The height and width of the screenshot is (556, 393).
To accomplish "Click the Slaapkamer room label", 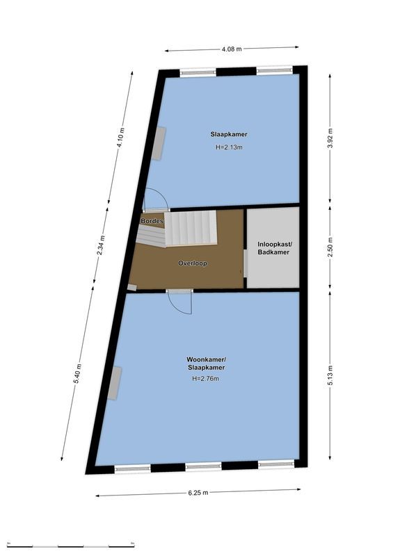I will tap(229, 134).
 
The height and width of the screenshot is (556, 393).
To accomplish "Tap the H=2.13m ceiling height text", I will tap(229, 147).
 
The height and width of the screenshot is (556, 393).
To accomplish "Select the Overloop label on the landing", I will tap(193, 263).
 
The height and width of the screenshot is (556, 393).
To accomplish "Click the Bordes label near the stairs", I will tap(152, 221).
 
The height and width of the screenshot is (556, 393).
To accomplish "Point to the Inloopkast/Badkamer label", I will tap(273, 248).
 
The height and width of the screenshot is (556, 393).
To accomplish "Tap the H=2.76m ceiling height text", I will tap(205, 379).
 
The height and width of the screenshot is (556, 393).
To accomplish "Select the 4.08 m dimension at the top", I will tap(232, 49).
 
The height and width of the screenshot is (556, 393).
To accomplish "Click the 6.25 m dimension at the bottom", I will tap(198, 492).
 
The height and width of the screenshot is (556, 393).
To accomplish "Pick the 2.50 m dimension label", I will tap(330, 247).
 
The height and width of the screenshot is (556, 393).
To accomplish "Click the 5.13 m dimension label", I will tap(330, 375).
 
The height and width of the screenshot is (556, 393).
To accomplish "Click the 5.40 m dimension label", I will tap(78, 375).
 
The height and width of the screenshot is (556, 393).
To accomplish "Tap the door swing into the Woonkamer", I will tap(181, 301).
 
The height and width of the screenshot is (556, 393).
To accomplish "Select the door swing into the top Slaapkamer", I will tap(156, 200).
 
